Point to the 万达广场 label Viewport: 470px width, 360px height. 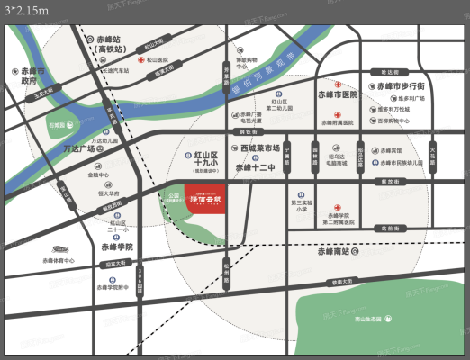(56, 148)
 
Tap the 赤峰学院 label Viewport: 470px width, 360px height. (116, 246)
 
